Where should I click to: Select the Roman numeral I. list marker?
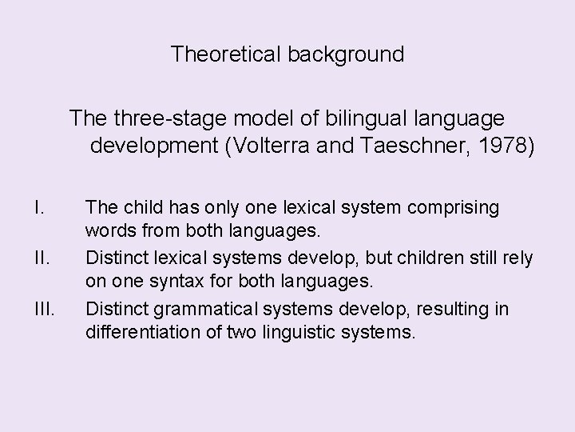pos(38,208)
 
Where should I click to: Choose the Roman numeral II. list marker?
pos(40,258)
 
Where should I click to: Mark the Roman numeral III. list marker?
pos(43,308)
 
